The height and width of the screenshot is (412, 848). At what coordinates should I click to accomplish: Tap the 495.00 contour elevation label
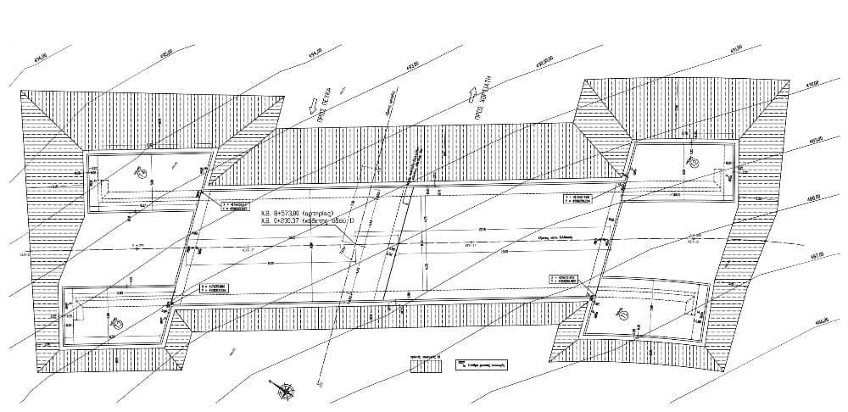tap(165, 53)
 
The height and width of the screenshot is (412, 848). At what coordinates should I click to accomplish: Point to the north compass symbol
tap(287, 392)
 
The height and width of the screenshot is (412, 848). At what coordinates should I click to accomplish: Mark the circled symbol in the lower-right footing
tap(622, 315)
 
